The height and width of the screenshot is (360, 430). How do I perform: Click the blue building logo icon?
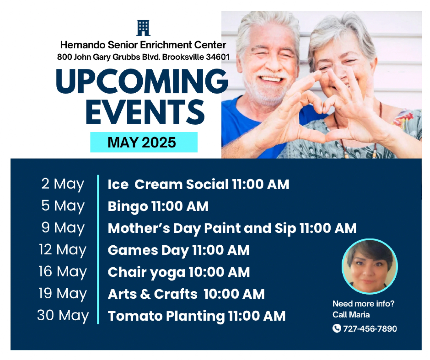143,28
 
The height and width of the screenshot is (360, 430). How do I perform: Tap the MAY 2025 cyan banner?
144,142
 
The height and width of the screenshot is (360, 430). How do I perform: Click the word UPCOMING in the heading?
142,81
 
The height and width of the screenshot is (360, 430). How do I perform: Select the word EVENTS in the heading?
145,112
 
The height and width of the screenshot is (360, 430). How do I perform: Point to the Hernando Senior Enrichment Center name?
143,45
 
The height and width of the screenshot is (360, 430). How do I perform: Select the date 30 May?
63,316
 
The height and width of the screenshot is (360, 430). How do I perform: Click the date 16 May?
63,272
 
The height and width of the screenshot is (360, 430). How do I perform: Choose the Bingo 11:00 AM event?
158,207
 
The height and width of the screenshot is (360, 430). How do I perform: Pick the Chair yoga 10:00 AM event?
179,272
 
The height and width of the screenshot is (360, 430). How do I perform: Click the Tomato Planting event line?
196,316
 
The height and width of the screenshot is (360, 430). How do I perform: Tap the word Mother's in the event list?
139,228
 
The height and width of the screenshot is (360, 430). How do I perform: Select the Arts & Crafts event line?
186,294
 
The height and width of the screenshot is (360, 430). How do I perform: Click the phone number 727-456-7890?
370,329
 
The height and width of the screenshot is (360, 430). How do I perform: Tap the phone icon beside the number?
337,328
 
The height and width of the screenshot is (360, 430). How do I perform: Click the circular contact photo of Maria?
370,266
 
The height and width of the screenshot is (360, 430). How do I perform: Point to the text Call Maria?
351,315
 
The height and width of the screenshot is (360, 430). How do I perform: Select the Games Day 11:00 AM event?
178,250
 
